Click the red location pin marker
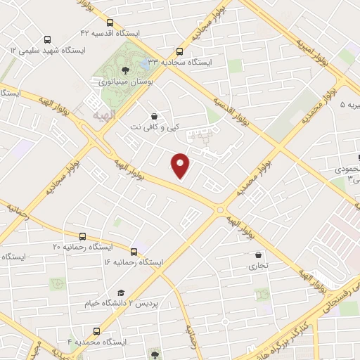point(181,166)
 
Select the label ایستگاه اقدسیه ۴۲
point(110,33)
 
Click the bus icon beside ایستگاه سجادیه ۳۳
point(179,51)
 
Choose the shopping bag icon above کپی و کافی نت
point(154,115)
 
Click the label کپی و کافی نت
point(153,127)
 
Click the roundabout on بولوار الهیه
point(221,209)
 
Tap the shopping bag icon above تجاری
point(259,255)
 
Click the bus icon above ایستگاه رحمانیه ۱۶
point(134,251)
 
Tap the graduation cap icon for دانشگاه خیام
point(120,292)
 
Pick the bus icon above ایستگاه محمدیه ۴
point(96,330)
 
